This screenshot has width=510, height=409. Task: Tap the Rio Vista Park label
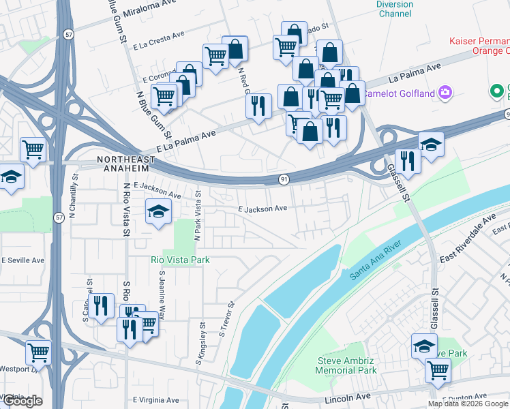[180, 260]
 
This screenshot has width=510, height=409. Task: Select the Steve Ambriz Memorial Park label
[347, 365]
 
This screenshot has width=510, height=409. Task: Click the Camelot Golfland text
[398, 93]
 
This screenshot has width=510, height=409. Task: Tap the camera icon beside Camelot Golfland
[445, 92]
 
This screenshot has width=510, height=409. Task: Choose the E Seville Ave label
[22, 260]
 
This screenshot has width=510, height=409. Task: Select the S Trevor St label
[226, 320]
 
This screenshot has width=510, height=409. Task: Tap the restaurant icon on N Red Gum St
[258, 106]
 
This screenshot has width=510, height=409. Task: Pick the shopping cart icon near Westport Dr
[38, 353]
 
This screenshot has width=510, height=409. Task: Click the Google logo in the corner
[22, 401]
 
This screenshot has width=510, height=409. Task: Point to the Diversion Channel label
[395, 9]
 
